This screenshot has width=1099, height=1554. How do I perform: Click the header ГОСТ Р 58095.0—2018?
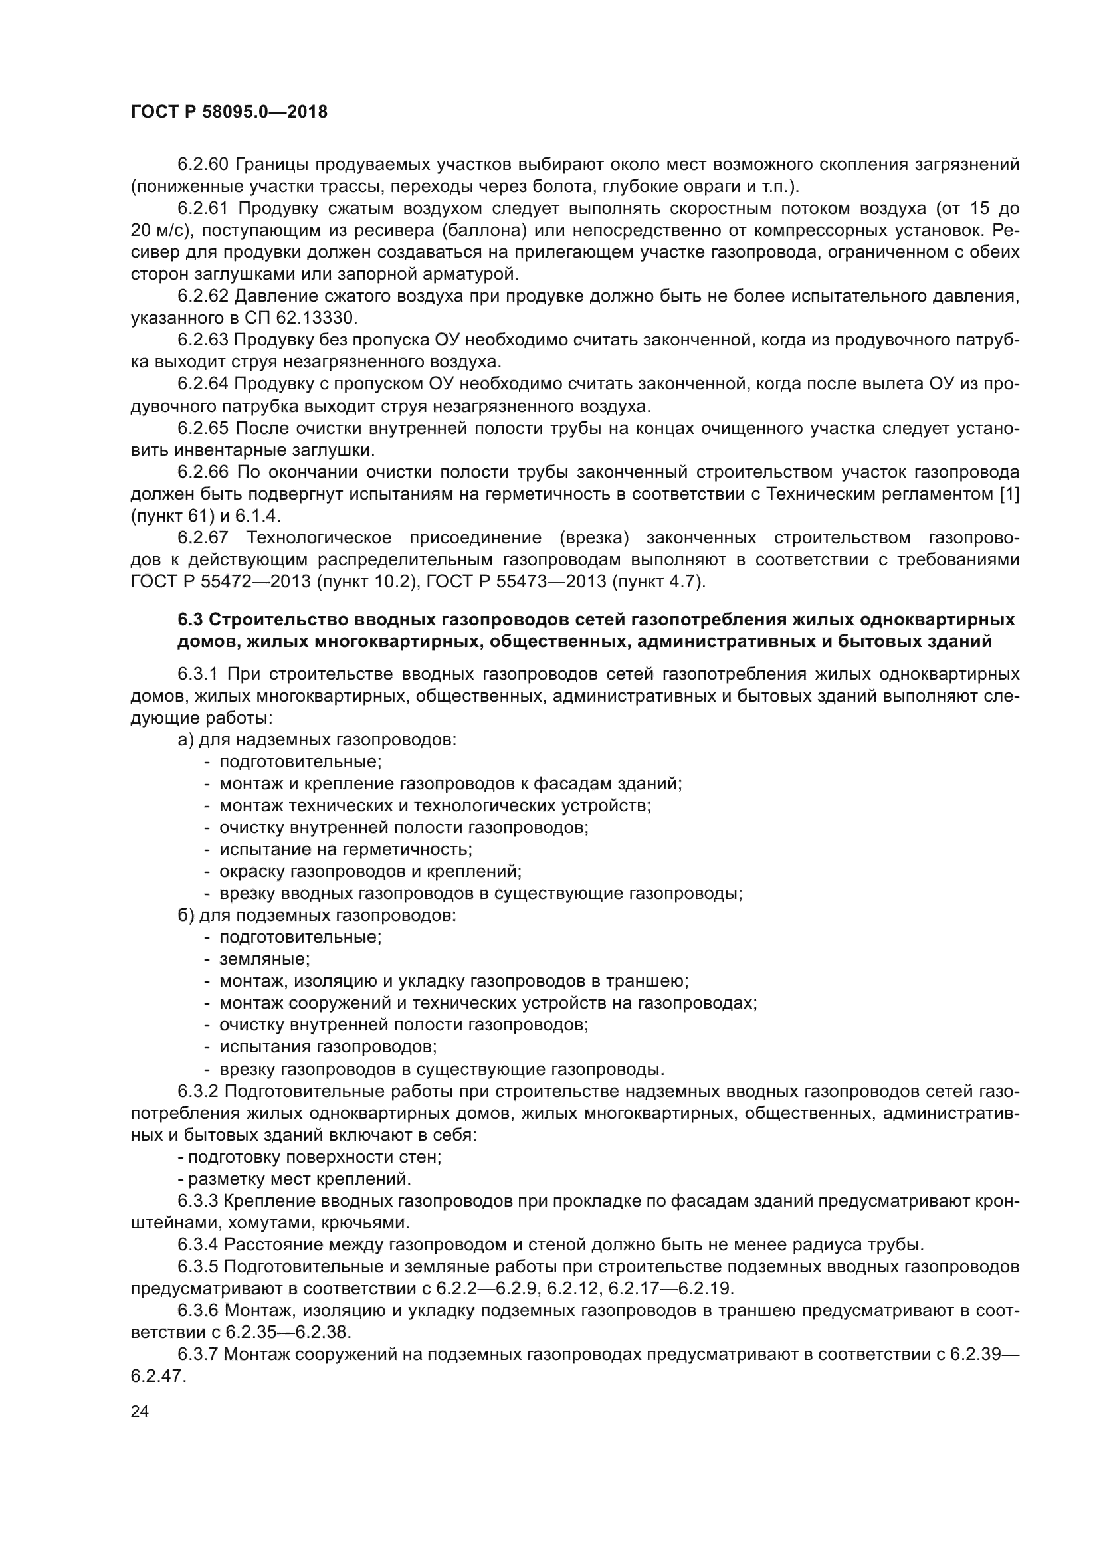coord(229,112)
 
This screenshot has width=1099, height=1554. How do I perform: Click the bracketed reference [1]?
coord(1010,494)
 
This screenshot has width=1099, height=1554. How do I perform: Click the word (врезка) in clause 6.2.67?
coord(593,538)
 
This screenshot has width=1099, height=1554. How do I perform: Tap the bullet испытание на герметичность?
coord(345,850)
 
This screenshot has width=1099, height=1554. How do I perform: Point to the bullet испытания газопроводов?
coord(328,1048)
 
